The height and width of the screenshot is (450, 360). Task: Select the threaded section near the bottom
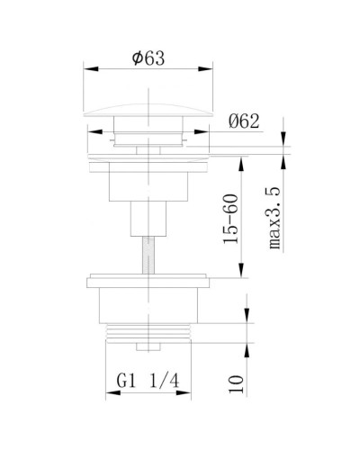coord(148,333)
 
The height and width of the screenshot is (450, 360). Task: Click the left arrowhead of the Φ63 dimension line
coord(87,68)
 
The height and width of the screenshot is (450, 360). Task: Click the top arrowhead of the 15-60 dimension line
coord(242,157)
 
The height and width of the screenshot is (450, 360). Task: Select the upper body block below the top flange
coord(148,184)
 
